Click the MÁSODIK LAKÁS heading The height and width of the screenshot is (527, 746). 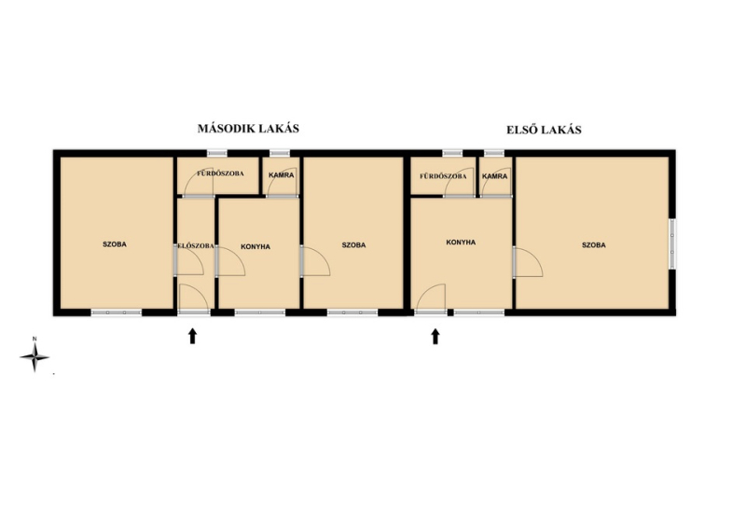pos(248,129)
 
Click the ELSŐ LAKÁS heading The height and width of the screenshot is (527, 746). pos(544,130)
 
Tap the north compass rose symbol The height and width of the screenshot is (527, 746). pos(35,355)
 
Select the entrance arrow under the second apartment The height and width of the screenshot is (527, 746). pos(192,336)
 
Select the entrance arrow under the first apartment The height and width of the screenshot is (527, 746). pos(435,337)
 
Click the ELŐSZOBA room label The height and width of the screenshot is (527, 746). pos(196,246)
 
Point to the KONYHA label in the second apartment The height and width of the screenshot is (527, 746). pos(256,246)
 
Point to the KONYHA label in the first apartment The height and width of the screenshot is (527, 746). pos(461,243)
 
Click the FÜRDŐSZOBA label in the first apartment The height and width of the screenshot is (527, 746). pos(443,176)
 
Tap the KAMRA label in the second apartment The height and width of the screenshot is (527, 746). pos(282,175)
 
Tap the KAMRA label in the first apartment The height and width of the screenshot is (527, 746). pos(495,176)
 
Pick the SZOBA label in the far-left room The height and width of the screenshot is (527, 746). pos(115,244)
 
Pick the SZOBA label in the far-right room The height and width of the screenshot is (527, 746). pos(594,245)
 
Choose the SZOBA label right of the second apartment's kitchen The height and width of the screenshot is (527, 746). pos(354,245)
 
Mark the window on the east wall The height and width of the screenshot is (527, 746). pos(672,243)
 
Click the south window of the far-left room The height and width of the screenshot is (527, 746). pos(117,312)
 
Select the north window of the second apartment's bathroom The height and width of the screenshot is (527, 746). pos(217,153)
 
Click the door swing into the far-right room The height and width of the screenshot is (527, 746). pos(529,261)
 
